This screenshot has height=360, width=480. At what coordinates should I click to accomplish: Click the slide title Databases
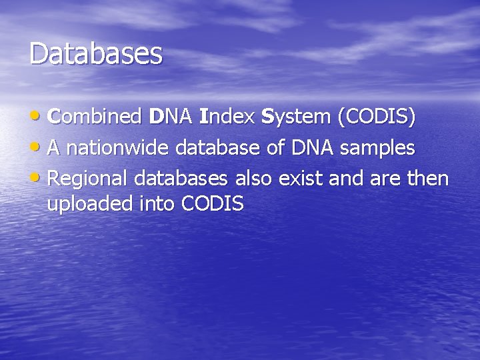[x=95, y=54]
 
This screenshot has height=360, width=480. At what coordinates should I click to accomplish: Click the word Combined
[x=95, y=117]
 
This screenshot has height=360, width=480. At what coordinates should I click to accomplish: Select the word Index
[x=225, y=117]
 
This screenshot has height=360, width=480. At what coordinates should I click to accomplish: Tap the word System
[x=296, y=117]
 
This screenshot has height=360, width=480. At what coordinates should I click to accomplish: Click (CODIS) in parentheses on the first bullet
[x=377, y=117]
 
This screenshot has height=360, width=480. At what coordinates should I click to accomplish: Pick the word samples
[x=378, y=148]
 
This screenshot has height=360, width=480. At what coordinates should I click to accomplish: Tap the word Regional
[x=88, y=179]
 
